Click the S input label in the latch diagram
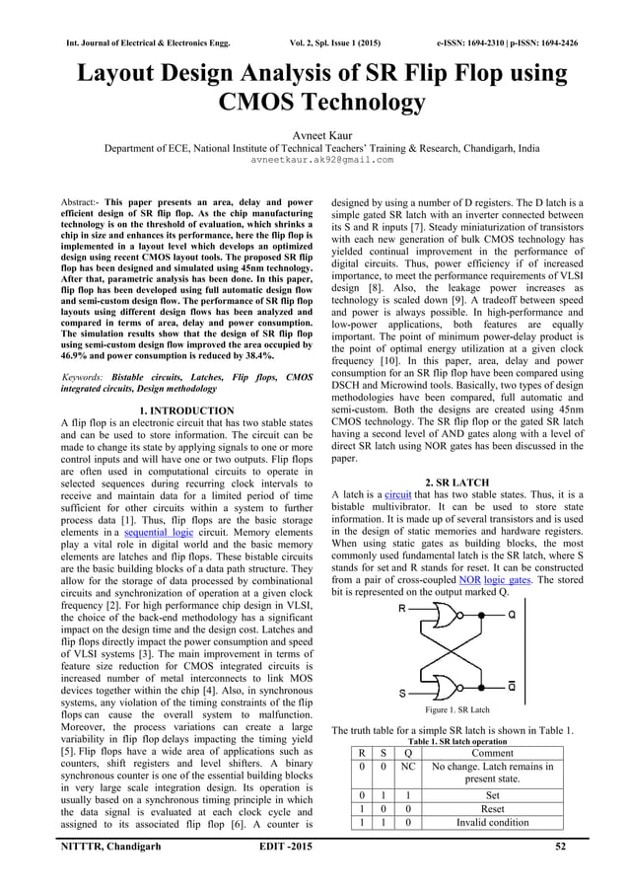tap(402, 693)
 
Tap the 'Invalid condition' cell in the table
tap(492, 823)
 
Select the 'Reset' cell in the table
tap(492, 808)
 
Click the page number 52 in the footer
tap(588, 847)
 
